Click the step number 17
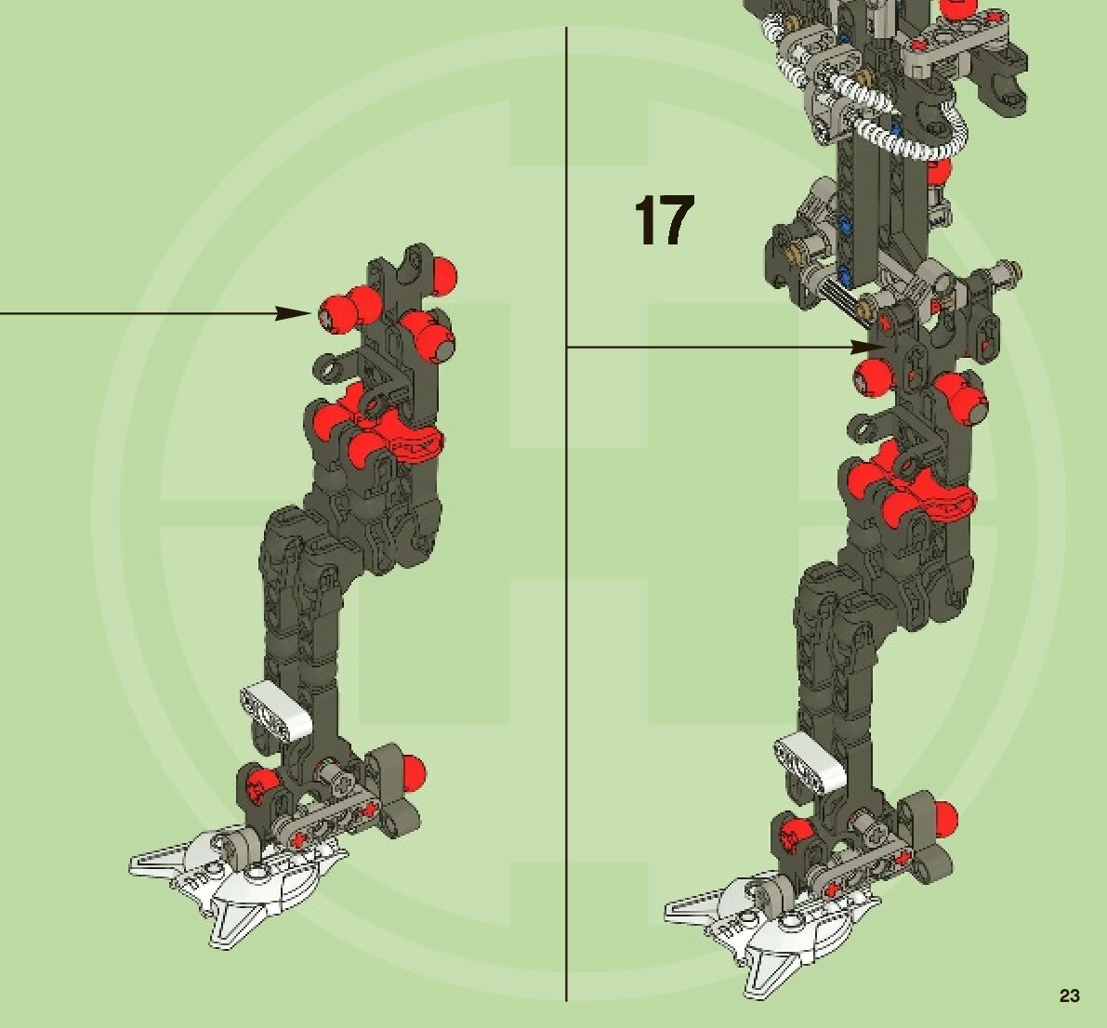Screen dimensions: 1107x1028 point(664,220)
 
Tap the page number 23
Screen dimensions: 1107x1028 point(1069,995)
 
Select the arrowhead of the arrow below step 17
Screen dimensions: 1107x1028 point(870,347)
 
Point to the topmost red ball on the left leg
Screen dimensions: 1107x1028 point(443,272)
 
